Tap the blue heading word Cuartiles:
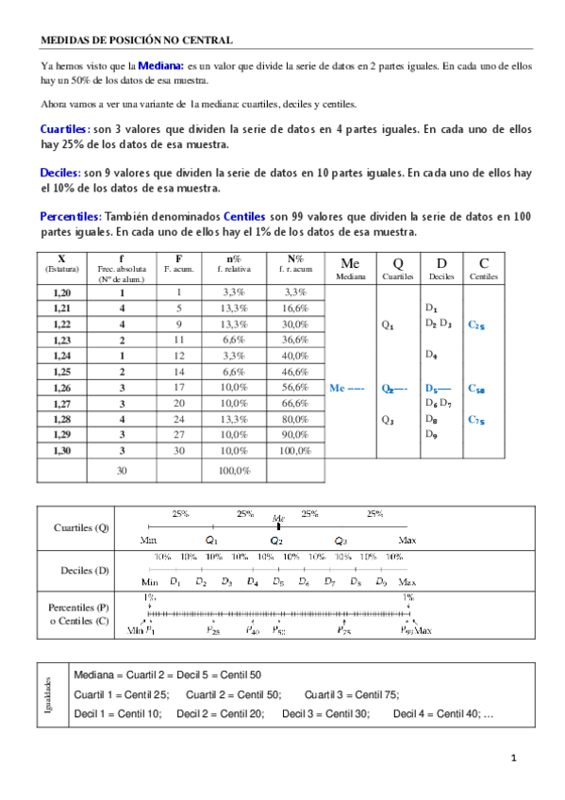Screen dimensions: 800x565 pos(65,128)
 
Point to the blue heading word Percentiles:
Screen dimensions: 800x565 pos(72,216)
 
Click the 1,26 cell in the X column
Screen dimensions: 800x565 pos(61,387)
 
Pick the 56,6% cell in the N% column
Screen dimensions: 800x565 pos(295,387)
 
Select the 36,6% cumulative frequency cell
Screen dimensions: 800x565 pos(295,341)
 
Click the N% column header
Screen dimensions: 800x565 pos(295,263)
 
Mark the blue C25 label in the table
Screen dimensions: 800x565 pos(476,325)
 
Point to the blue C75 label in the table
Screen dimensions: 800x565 pos(476,421)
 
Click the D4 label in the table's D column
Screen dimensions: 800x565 pos(431,356)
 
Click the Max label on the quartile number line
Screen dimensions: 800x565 pos(407,541)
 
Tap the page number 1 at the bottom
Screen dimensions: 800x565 pos(514,758)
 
